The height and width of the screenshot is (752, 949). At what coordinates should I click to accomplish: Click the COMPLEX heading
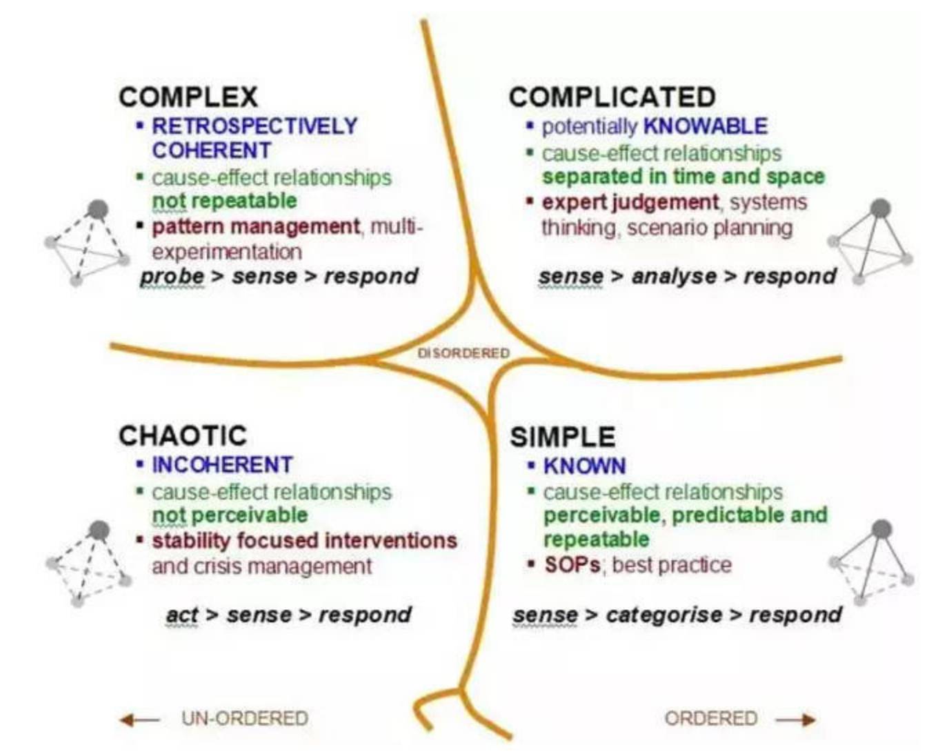click(x=188, y=97)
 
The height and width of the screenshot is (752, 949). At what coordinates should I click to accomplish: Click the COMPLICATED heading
click(x=612, y=97)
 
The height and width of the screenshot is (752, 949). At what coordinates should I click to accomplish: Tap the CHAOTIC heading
click(x=183, y=435)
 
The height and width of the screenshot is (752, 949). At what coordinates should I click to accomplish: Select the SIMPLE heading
click(x=562, y=437)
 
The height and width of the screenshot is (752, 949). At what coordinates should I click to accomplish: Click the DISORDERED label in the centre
click(x=463, y=353)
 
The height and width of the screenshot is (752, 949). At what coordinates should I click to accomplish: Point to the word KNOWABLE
click(x=705, y=126)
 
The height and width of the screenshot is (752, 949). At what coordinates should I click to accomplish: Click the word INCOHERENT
click(x=222, y=465)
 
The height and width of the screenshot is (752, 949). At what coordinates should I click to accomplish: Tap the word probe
click(x=172, y=276)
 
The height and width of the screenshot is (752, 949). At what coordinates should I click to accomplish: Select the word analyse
click(x=674, y=276)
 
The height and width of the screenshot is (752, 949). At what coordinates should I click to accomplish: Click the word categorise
click(x=663, y=614)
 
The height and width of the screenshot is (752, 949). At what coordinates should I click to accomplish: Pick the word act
click(x=182, y=614)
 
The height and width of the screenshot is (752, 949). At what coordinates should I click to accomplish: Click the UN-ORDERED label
click(x=245, y=718)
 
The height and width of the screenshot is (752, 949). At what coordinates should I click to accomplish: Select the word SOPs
click(x=572, y=565)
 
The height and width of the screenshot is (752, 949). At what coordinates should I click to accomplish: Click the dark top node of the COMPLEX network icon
click(x=98, y=209)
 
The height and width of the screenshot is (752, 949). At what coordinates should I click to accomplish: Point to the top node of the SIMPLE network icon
click(x=881, y=530)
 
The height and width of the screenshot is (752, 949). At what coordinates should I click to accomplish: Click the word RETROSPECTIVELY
click(x=254, y=126)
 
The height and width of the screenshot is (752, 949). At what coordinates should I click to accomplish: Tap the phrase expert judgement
click(x=630, y=202)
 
